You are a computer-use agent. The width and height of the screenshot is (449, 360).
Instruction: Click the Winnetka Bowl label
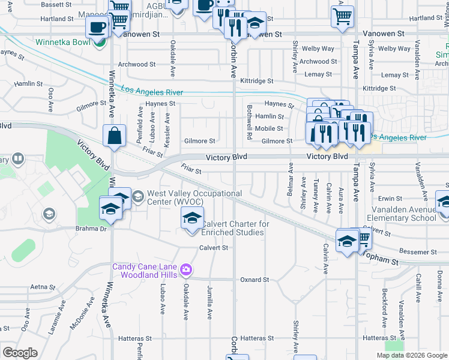coord(62,42)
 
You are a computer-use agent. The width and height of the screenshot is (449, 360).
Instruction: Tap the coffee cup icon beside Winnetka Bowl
coord(97,27)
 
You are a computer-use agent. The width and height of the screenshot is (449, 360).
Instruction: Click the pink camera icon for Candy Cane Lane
coord(187,269)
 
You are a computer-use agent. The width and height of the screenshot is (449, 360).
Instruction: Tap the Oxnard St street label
coord(255,280)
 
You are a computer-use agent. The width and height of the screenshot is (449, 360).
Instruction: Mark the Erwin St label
coord(390,198)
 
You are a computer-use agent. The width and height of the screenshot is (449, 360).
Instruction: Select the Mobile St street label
coord(269,128)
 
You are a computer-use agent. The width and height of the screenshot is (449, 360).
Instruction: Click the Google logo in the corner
coord(20,353)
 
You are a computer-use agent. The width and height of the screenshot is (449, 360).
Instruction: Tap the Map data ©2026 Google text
coord(411,356)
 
